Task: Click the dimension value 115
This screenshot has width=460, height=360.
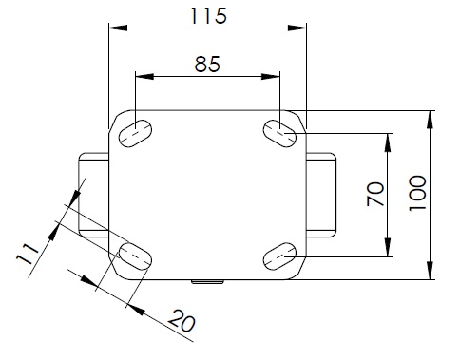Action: point(208,16)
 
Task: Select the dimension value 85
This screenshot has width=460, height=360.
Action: point(207,64)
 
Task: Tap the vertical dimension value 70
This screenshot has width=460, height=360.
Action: point(375,194)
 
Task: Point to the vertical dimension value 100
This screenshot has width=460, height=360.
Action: point(417,193)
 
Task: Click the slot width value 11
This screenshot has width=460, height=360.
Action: point(28,254)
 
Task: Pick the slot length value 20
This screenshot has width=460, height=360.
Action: point(182,321)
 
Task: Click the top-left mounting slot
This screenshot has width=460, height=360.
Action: point(135,134)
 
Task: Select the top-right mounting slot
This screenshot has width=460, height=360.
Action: point(279,134)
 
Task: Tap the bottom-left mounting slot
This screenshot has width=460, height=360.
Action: point(135,256)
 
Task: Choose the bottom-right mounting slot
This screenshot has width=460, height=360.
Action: point(279,256)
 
